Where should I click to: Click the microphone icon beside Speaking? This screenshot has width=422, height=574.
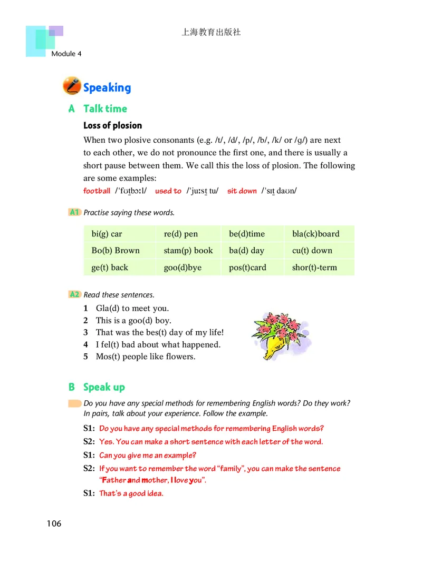coord(72,86)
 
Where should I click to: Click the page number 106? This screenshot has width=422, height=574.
coord(54,523)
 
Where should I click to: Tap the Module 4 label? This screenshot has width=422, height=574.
coord(66,54)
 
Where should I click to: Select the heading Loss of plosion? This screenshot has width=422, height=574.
coord(112,125)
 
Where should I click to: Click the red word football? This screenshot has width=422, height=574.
coord(97,191)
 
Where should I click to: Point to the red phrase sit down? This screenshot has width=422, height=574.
coord(242,191)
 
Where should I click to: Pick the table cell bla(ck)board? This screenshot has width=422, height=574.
coord(315,234)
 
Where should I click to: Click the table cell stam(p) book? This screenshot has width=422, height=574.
coord(188,251)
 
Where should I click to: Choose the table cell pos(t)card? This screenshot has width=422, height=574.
coord(247,268)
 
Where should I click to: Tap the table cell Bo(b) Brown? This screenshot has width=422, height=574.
coord(116,251)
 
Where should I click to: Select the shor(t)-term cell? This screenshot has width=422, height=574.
coord(314,268)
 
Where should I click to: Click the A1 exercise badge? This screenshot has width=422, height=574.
coord(74,212)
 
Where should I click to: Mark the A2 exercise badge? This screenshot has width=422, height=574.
coord(74,294)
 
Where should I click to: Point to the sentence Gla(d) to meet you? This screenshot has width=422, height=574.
coord(132,309)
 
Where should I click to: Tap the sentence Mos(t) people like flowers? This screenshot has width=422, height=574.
coord(146,357)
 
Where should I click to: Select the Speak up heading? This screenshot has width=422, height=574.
coord(104,387)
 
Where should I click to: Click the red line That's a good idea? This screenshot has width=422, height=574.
coord(131,493)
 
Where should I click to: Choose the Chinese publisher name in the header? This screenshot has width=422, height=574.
coord(211,32)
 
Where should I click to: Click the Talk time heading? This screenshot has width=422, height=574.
coord(105,108)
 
